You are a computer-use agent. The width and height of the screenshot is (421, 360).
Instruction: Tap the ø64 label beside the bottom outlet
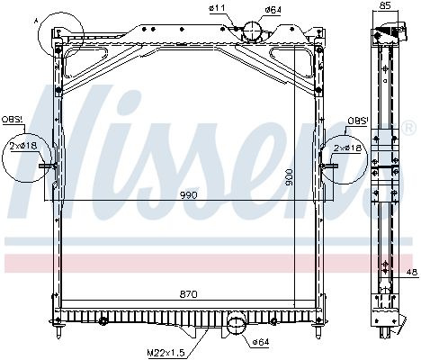click(261, 341)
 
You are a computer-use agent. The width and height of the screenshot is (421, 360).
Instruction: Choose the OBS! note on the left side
click(13, 119)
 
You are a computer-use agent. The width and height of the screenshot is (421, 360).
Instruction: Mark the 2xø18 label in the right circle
click(349, 147)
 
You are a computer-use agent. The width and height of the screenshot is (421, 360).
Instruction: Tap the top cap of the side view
click(385, 33)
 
